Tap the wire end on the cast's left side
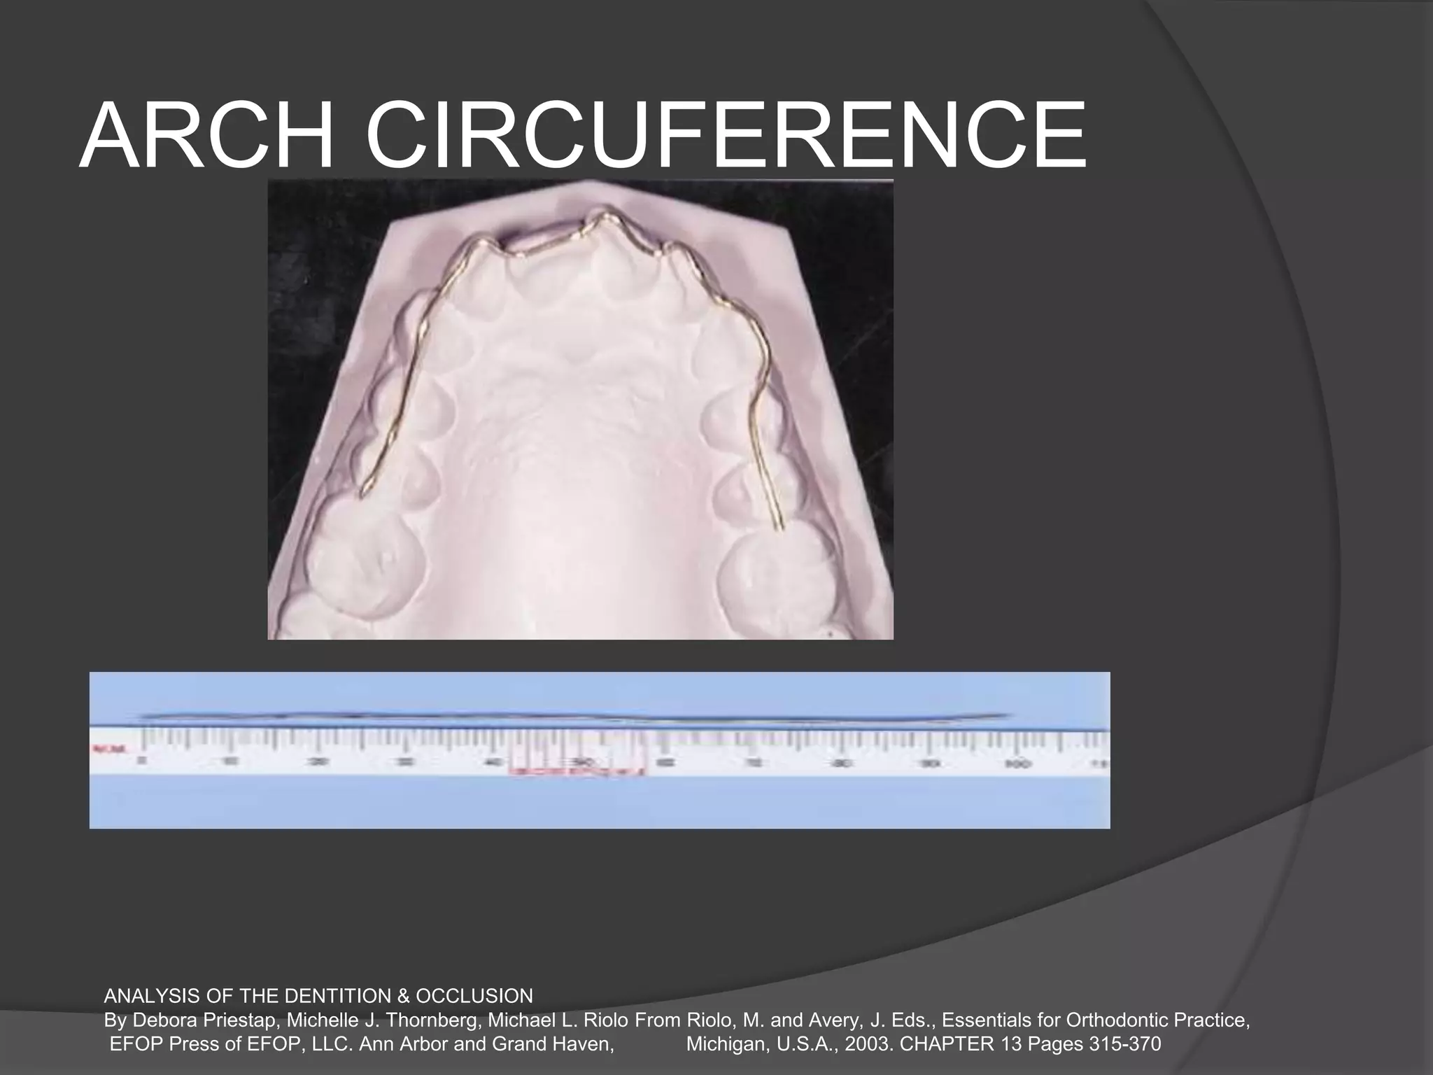[362, 496]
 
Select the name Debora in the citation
[163, 1020]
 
